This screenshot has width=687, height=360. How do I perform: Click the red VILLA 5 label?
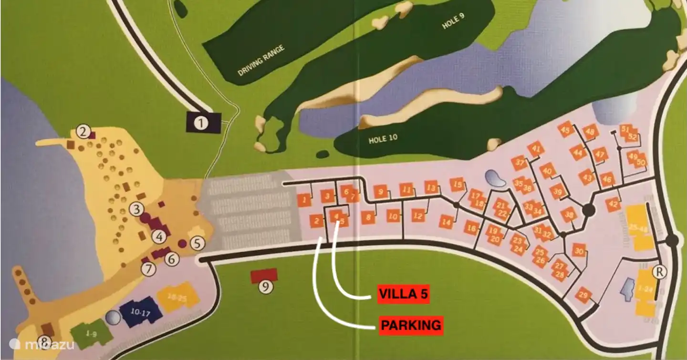click(403, 294)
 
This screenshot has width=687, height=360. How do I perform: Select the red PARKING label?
click(410, 325)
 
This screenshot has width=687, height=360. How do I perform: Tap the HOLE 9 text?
click(453, 21)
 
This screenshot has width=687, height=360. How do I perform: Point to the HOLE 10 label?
click(383, 140)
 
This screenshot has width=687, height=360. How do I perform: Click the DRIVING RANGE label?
click(261, 61)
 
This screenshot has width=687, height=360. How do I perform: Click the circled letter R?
click(660, 272)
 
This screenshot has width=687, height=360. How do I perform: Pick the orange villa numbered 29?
click(583, 295)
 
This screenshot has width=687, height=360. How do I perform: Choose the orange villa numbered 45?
click(566, 129)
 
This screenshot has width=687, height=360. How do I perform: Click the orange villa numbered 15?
click(458, 185)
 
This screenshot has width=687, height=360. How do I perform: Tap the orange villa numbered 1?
click(304, 200)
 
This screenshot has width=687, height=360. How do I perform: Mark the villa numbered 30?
click(579, 251)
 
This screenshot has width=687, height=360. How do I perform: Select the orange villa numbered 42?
click(613, 205)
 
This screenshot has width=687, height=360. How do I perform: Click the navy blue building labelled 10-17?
click(138, 312)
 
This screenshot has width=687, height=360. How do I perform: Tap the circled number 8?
click(44, 341)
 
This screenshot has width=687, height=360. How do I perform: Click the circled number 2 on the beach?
click(84, 131)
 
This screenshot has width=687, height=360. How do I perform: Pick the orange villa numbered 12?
click(418, 216)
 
